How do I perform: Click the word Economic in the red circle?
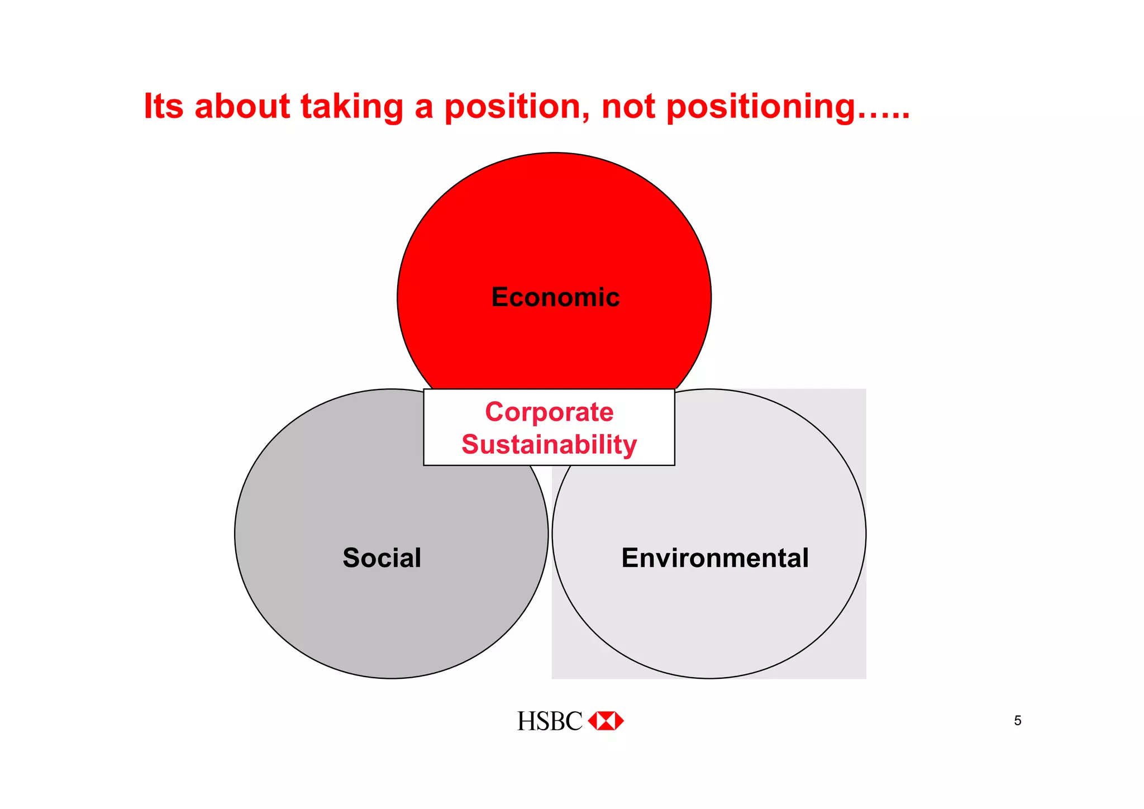(555, 297)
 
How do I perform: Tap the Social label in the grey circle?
(382, 558)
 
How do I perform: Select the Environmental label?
(715, 558)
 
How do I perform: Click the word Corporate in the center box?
(549, 412)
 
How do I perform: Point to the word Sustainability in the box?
(549, 445)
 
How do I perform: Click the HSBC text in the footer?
(549, 721)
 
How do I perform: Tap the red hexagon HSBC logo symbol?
(606, 721)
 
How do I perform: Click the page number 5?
(1018, 721)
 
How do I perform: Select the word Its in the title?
(163, 106)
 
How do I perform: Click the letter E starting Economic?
(500, 297)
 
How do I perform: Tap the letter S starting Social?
(351, 558)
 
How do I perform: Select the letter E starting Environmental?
(630, 558)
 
